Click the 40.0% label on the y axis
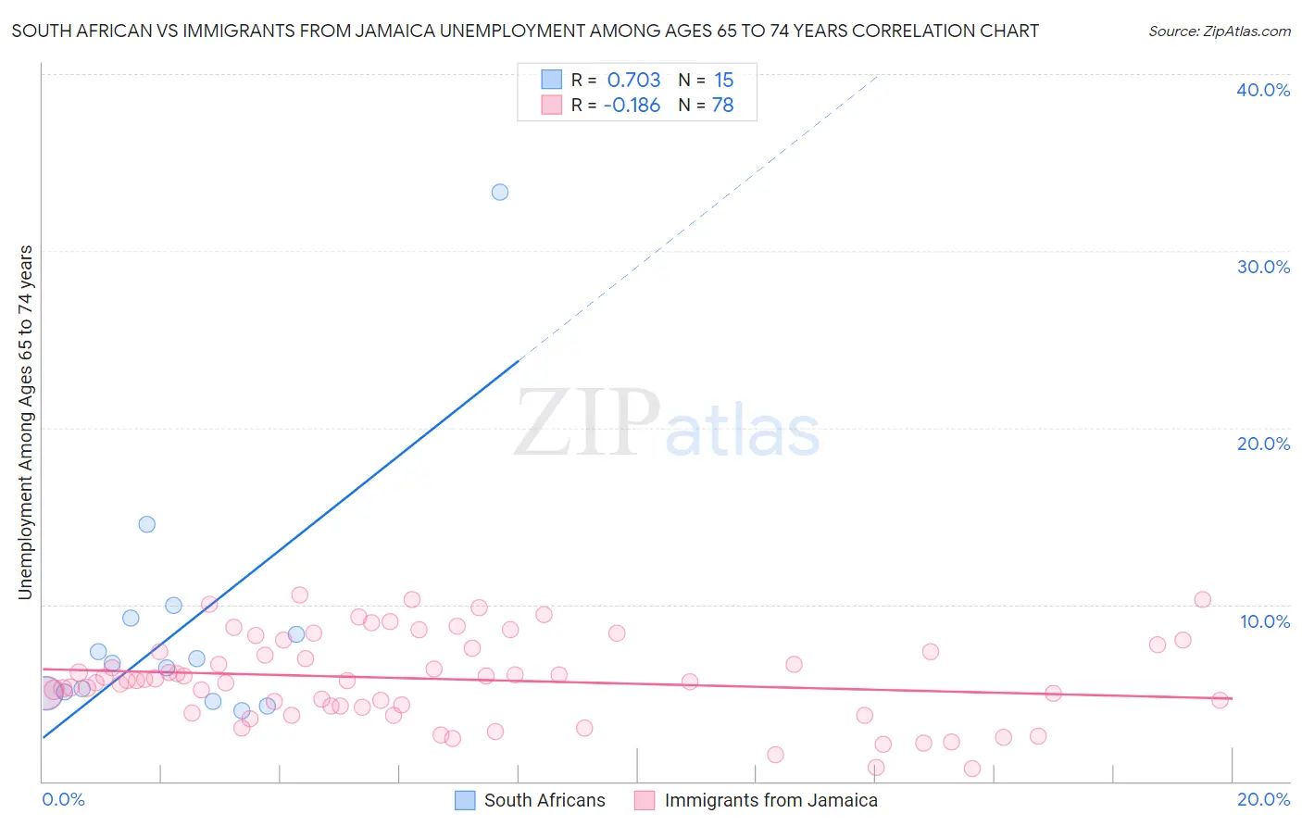[x=1263, y=90]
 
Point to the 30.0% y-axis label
[x=1263, y=267]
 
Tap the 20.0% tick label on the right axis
[x=1263, y=444]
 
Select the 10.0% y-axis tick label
[x=1265, y=621]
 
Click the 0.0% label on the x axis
[x=63, y=799]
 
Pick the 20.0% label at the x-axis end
[x=1263, y=799]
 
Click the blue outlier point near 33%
[x=500, y=193]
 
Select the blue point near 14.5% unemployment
[x=147, y=524]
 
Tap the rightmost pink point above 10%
[x=1202, y=599]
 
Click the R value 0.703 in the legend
[x=633, y=81]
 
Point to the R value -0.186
[x=632, y=106]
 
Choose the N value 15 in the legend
[x=723, y=81]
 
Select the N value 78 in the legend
[x=722, y=106]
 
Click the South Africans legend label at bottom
[x=545, y=800]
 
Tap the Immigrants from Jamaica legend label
[x=770, y=800]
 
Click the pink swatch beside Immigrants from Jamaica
[x=645, y=800]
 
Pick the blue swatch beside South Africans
[x=465, y=800]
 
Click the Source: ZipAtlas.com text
[x=1219, y=31]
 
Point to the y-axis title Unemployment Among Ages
[x=26, y=422]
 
